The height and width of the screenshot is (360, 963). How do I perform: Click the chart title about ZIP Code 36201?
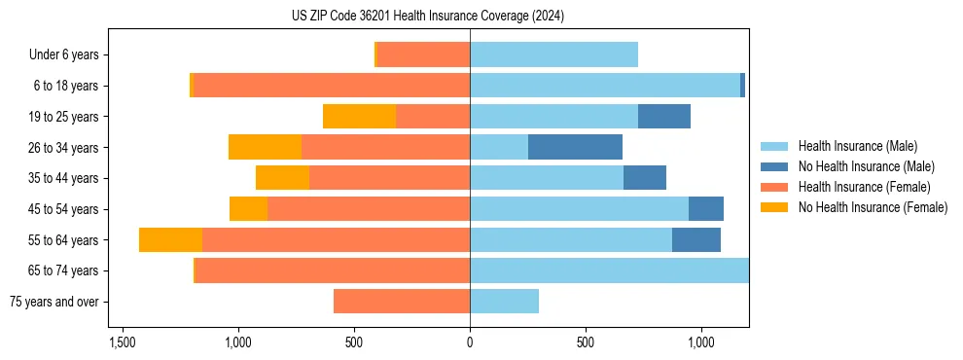click(x=427, y=17)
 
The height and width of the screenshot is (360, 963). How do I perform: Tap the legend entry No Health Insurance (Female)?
click(x=873, y=207)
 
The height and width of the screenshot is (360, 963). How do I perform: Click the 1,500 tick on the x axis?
click(x=123, y=343)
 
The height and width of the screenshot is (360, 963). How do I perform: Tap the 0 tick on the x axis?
click(x=470, y=343)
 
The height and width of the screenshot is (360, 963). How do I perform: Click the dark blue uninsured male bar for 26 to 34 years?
click(x=575, y=147)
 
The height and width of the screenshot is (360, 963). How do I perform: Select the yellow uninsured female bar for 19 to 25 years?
click(x=359, y=117)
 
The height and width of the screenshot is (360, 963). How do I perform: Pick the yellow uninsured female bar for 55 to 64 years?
click(x=170, y=240)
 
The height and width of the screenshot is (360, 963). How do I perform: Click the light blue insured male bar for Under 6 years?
click(x=553, y=55)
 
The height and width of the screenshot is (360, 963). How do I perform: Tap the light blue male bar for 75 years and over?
click(x=504, y=302)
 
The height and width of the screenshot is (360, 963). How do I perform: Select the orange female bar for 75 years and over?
click(x=402, y=302)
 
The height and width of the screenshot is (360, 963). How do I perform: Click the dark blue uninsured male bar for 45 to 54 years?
click(x=706, y=209)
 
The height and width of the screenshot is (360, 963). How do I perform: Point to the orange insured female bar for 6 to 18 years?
click(x=332, y=86)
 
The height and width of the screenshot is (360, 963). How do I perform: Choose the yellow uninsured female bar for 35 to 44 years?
click(x=282, y=178)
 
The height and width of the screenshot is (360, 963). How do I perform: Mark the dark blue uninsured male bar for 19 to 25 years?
click(x=664, y=117)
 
